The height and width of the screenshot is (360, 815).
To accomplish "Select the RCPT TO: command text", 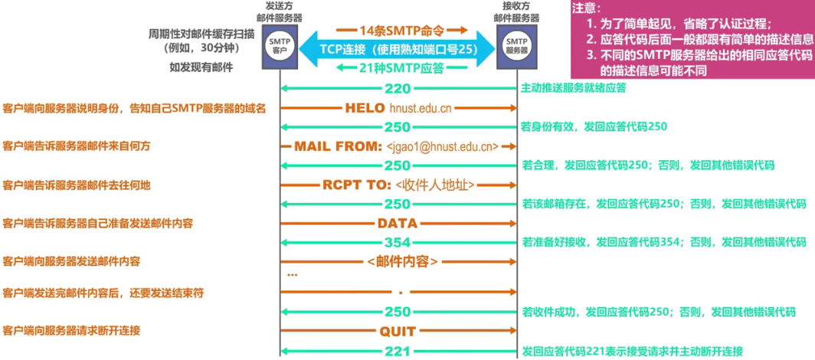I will [x=358, y=185].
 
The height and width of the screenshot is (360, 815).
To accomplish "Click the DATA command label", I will [x=397, y=224].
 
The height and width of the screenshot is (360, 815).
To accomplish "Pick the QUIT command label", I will [x=397, y=332].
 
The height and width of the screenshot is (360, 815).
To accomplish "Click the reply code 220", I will [x=398, y=88].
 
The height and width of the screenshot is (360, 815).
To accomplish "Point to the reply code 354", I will [x=398, y=243].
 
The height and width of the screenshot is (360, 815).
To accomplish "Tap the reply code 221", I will [x=398, y=351].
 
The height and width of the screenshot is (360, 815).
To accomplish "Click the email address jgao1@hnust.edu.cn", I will [x=444, y=146].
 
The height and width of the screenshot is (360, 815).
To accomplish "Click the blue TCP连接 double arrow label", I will [x=398, y=49].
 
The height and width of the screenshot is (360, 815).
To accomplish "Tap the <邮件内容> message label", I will [x=402, y=262].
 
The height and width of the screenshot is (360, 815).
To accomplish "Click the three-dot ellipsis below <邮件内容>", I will [x=291, y=274].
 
